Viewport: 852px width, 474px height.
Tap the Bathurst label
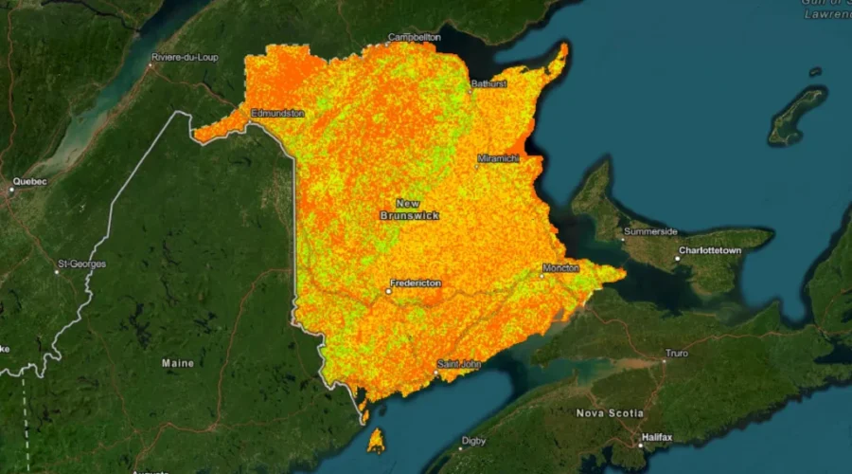pos(488,84)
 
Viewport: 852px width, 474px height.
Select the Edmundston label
pos(277,114)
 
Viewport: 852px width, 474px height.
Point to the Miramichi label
pos(498,158)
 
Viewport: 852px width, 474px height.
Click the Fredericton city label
pos(416,283)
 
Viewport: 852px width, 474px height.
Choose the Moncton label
pos(560,268)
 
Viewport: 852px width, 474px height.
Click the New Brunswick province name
pos(409,210)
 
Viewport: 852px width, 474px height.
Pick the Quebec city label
pos(29,181)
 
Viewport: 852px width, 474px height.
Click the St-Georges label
pos(82,264)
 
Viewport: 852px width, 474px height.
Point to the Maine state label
pos(177,363)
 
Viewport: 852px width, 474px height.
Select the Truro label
pos(676,353)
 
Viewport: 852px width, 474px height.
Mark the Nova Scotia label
pos(610,413)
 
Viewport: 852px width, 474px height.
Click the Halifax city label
pos(656,437)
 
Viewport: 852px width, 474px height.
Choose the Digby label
pos(473,441)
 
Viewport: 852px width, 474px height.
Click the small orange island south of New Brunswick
pos(376,440)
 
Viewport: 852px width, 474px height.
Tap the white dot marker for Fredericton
pos(389,291)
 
